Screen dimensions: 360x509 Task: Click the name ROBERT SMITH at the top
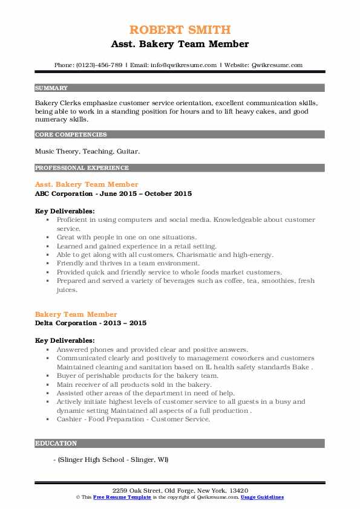point(180,30)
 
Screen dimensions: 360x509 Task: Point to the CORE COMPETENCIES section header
point(71,135)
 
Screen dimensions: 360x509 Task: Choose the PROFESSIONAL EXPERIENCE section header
point(82,168)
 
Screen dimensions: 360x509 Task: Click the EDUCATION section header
point(56,443)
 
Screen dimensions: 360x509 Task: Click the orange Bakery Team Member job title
point(76,314)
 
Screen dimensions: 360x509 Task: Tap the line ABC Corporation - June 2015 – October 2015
point(113,193)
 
